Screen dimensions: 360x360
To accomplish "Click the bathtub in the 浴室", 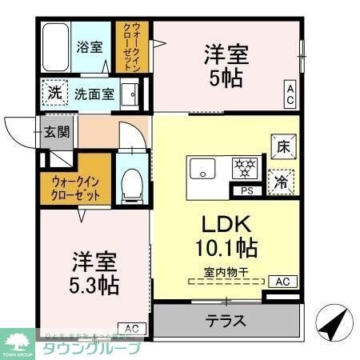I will click(54, 46).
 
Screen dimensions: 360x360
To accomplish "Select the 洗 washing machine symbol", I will click(54, 93).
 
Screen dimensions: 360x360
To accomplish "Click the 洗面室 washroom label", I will click(94, 94).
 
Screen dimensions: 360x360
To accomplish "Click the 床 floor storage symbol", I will click(282, 146).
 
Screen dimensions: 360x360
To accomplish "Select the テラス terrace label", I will click(226, 322).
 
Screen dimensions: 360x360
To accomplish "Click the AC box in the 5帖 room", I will click(290, 94).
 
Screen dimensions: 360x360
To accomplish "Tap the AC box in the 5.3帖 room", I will click(131, 328).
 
